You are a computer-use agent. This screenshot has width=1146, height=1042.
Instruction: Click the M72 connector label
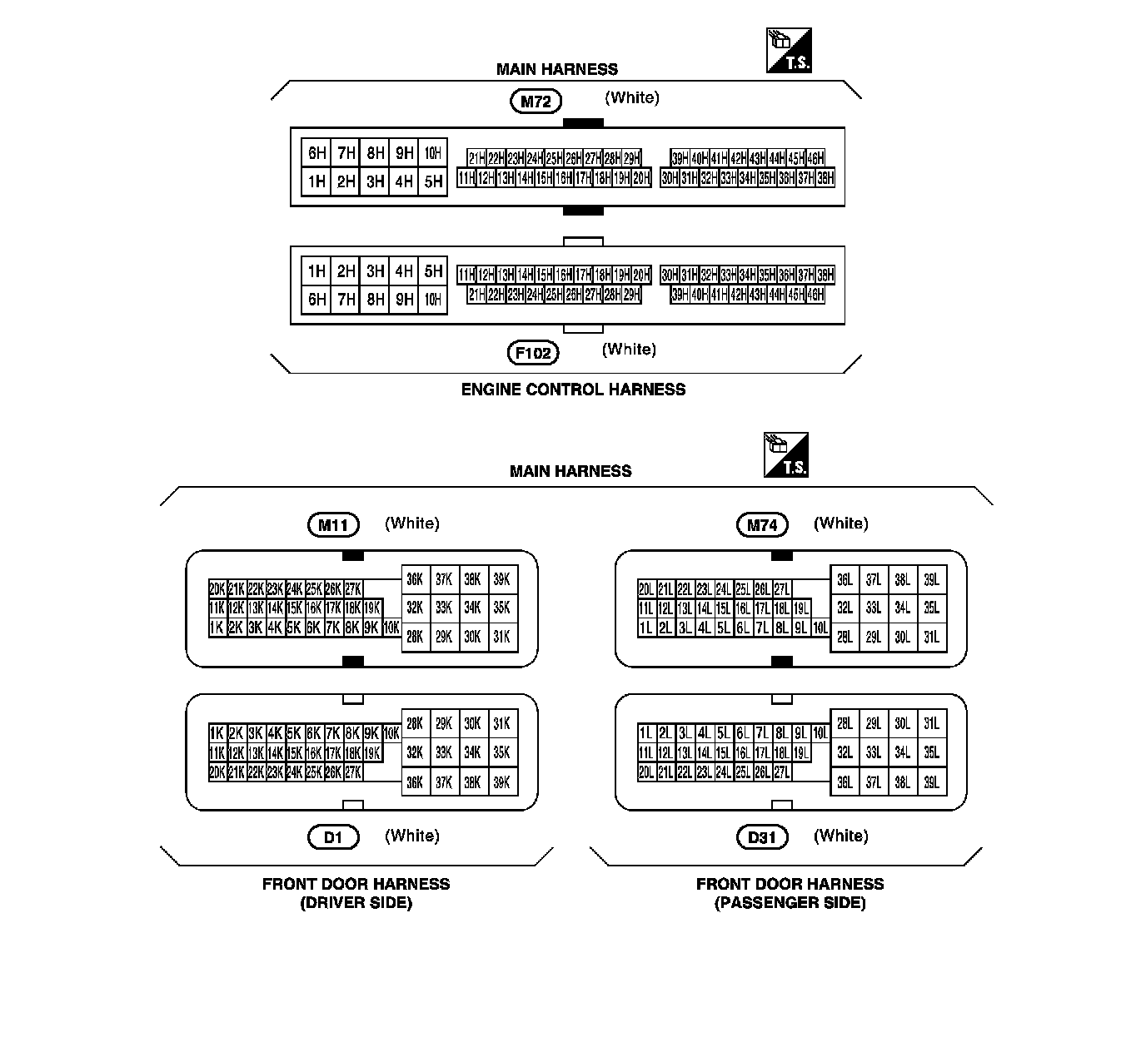536,102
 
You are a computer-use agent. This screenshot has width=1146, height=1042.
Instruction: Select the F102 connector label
533,353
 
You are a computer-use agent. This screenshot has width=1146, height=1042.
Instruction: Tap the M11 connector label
333,525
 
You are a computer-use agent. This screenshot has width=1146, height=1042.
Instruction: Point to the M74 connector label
762,525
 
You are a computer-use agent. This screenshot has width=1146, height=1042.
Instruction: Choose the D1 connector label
333,837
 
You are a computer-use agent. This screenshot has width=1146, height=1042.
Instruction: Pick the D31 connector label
762,837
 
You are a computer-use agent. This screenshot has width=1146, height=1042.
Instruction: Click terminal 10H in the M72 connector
433,153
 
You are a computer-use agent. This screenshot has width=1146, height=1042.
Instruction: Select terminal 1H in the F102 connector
316,271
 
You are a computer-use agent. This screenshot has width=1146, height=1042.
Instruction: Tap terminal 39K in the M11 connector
501,580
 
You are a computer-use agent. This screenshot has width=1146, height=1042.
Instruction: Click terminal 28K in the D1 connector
415,724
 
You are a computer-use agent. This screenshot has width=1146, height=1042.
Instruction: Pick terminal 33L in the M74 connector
873,608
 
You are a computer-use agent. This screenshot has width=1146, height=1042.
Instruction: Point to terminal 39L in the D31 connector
931,782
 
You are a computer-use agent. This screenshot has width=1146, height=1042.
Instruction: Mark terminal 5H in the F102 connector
433,271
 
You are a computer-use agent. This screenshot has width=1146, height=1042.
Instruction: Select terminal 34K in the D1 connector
472,753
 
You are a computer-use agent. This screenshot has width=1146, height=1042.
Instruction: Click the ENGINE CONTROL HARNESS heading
573,390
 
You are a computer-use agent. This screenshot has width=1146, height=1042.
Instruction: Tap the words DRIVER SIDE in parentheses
356,903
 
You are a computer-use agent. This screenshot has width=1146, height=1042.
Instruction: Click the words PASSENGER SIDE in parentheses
790,903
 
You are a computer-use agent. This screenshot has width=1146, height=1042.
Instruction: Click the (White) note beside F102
629,350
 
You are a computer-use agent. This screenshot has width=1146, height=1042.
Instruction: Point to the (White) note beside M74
840,523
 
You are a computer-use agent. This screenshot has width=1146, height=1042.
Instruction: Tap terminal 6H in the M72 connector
316,153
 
